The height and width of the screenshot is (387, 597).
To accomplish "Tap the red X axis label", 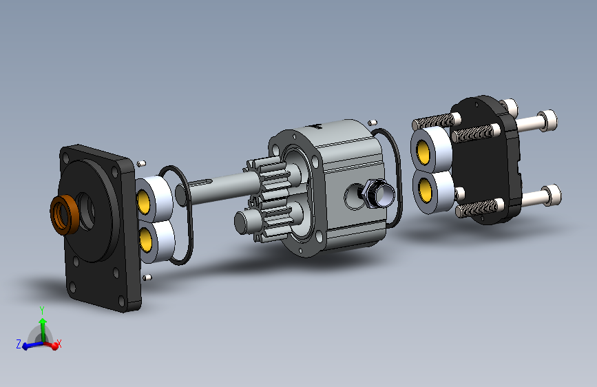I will (x=59, y=344).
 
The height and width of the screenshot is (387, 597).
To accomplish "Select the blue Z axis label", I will (x=19, y=344).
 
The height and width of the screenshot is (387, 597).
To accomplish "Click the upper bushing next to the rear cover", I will (x=430, y=149).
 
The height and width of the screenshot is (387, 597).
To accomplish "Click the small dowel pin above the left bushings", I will (x=142, y=163).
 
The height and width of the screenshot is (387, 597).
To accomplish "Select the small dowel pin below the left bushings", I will (x=147, y=277).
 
